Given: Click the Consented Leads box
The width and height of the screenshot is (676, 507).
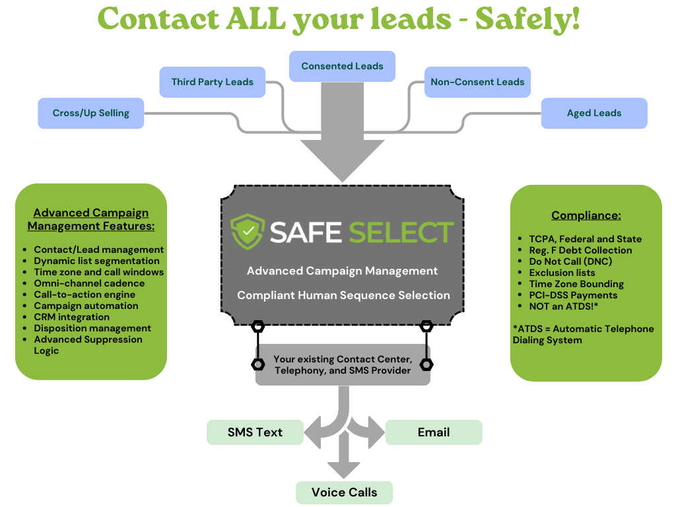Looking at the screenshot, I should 342,66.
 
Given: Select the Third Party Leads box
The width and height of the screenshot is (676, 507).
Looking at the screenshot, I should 212,82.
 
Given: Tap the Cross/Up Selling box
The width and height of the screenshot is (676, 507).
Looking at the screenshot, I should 90,113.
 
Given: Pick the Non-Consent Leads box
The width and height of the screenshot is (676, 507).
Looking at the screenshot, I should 477,82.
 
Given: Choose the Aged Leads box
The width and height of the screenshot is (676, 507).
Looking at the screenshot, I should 593,113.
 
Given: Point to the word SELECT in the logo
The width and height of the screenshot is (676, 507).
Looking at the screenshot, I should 401,232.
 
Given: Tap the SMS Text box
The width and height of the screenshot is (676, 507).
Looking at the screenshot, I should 255,432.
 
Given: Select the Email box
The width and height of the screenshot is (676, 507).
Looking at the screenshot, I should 434,432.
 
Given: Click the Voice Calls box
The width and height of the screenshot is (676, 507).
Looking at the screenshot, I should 344,492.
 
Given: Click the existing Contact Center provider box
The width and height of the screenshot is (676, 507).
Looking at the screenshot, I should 343,364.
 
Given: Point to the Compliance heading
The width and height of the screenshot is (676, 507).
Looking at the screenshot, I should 586,216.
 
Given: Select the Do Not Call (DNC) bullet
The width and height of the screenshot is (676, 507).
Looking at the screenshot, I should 571,261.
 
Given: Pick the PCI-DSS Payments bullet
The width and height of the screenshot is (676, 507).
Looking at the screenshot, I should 573,295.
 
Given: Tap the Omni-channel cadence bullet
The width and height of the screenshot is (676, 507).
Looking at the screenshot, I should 89,283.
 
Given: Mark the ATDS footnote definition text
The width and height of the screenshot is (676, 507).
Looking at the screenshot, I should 583,334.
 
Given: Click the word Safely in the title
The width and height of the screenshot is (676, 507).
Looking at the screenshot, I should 527,18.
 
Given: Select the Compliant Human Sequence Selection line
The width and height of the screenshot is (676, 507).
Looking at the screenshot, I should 343,295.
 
